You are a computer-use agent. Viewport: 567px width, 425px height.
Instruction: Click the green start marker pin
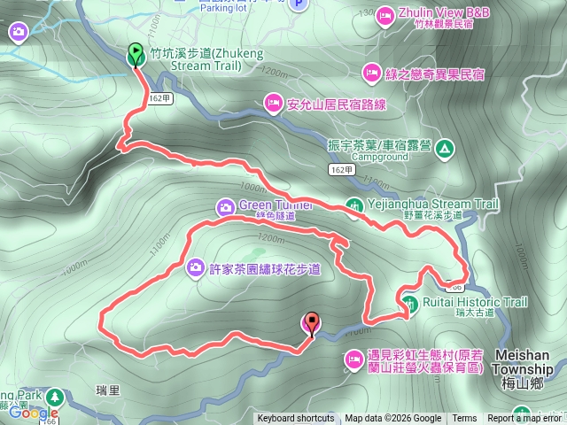(x=136, y=55)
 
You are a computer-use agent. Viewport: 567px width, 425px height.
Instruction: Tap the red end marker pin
(x=311, y=324)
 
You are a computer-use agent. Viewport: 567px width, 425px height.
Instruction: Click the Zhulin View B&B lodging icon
(x=384, y=14)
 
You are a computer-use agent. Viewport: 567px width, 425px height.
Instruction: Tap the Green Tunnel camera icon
(x=225, y=208)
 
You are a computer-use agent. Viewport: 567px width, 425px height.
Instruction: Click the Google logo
(x=33, y=413)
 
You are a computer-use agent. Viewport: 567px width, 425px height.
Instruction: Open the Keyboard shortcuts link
(x=296, y=419)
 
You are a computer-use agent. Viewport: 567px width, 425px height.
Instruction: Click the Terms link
(x=464, y=419)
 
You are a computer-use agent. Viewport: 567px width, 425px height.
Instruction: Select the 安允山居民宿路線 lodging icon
(x=273, y=104)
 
